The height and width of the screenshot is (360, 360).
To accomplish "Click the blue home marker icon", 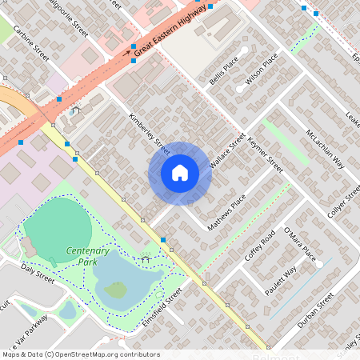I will [x=180, y=172].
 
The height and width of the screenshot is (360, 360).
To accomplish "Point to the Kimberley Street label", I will [x=150, y=133].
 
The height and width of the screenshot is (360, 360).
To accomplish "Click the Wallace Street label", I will [x=226, y=152].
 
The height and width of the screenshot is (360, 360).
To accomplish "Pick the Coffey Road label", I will [x=260, y=237].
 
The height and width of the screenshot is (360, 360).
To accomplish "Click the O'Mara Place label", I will [x=299, y=245].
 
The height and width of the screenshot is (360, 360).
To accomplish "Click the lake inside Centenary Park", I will [x=120, y=276].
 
